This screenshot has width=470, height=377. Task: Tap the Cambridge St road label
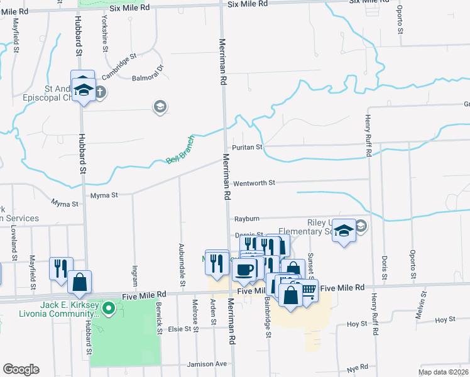point(119,66)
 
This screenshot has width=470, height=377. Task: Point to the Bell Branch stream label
point(180,151)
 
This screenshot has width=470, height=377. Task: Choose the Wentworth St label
point(254,183)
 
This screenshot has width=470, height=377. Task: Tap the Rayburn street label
point(247,219)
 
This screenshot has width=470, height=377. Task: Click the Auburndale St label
point(182,265)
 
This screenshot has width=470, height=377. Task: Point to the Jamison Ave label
point(207,364)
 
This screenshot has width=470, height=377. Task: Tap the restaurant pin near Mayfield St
point(62,268)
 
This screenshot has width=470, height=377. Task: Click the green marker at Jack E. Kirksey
point(109,308)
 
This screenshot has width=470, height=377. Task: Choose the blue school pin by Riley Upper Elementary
point(344,231)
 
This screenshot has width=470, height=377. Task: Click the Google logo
point(21,369)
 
